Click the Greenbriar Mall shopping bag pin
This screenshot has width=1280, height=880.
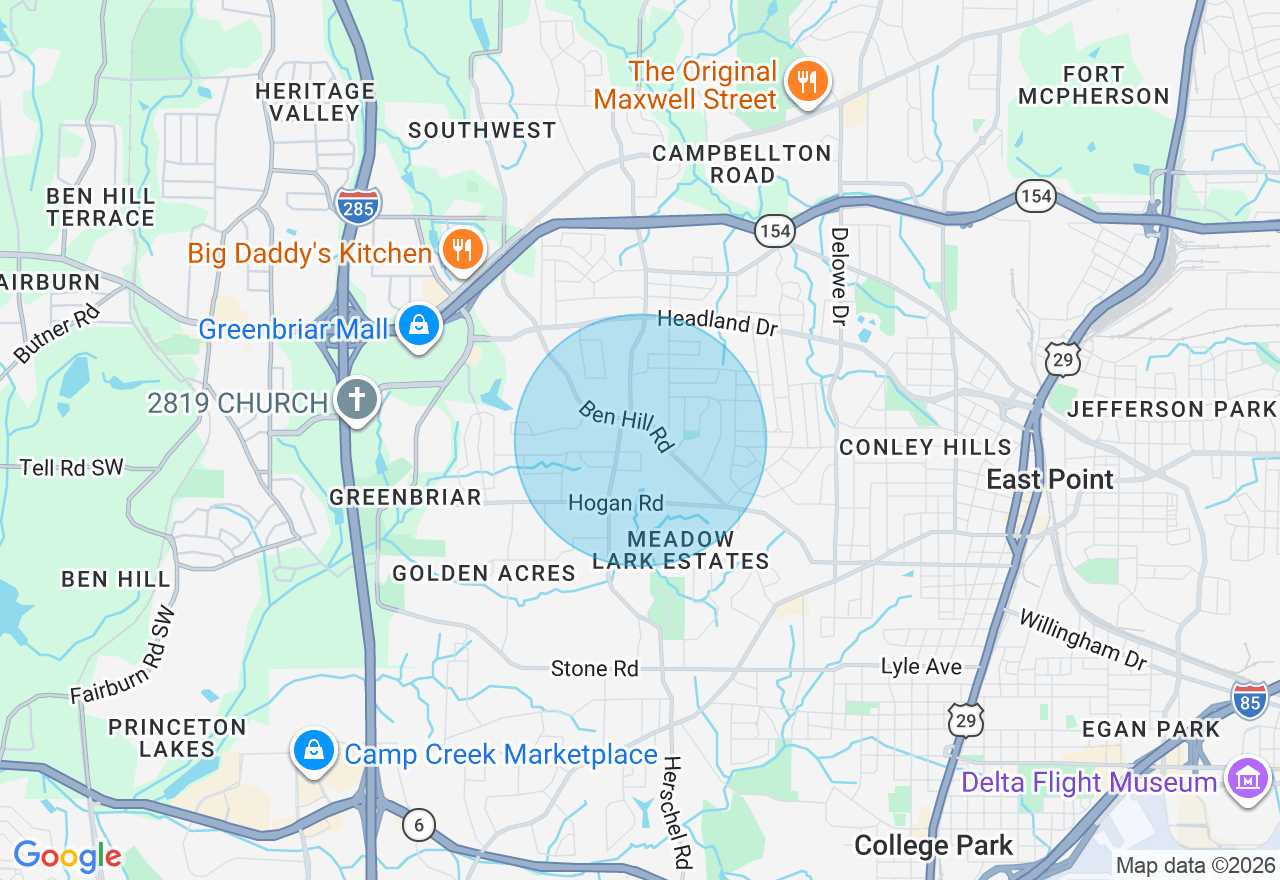pyautogui.click(x=419, y=326)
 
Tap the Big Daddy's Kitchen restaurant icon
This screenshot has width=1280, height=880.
pyautogui.click(x=461, y=251)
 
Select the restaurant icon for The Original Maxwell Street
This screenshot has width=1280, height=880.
pyautogui.click(x=805, y=82)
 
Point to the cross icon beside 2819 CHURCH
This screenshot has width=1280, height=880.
pyautogui.click(x=355, y=401)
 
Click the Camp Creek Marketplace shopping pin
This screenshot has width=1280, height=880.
pyautogui.click(x=314, y=752)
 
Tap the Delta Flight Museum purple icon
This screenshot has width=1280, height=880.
pyautogui.click(x=1248, y=779)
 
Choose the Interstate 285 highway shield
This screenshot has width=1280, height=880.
pyautogui.click(x=358, y=204)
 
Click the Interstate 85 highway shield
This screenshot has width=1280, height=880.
pyautogui.click(x=1249, y=699)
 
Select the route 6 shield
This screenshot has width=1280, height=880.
pyautogui.click(x=419, y=824)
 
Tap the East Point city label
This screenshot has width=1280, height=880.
pyautogui.click(x=1049, y=480)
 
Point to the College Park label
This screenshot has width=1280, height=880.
pyautogui.click(x=933, y=846)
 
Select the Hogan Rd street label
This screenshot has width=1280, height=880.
pyautogui.click(x=615, y=503)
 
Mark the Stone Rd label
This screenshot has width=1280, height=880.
pyautogui.click(x=594, y=668)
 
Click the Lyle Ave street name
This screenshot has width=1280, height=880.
pyautogui.click(x=921, y=666)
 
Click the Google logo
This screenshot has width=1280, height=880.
pyautogui.click(x=67, y=855)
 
